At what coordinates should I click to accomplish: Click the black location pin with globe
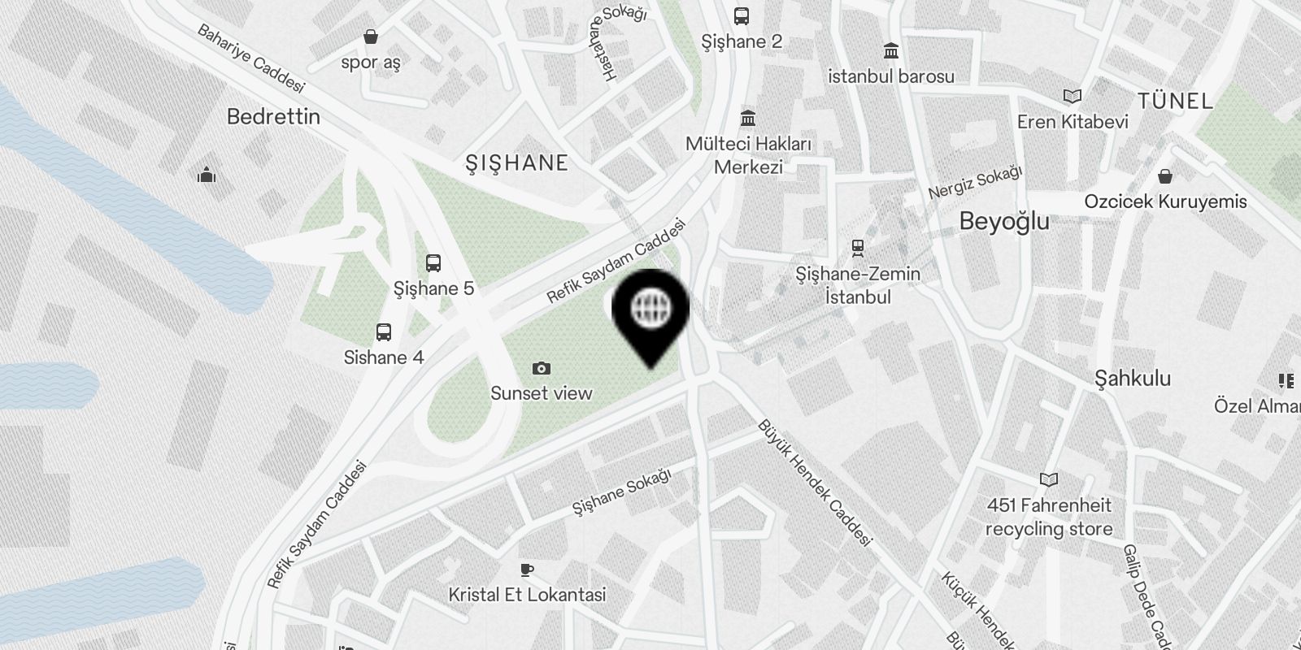(x=650, y=309)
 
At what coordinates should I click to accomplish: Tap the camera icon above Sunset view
(x=542, y=369)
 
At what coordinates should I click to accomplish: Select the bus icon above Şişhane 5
(x=433, y=263)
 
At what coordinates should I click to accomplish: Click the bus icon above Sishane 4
(x=384, y=332)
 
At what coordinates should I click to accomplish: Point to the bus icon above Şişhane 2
(x=742, y=16)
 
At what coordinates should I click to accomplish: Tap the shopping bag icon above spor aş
(x=371, y=37)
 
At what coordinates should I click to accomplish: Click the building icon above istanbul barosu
(x=891, y=51)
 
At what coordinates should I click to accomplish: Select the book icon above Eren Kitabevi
(x=1073, y=97)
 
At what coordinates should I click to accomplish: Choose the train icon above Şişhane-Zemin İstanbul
(x=857, y=247)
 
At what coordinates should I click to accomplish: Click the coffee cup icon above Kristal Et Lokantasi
(x=527, y=570)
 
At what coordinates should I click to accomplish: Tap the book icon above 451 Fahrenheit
(x=1049, y=480)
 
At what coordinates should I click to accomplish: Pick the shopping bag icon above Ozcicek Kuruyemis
(x=1165, y=176)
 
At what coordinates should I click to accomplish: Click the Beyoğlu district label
(x=1004, y=221)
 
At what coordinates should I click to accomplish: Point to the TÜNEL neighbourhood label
(x=1175, y=102)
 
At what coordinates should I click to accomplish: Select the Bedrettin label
(x=273, y=117)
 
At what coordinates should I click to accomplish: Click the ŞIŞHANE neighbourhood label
(x=516, y=163)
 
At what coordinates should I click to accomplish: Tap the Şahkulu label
(x=1133, y=379)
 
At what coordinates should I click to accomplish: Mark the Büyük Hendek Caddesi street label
(x=815, y=483)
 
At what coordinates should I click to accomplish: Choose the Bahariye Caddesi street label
(x=251, y=58)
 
